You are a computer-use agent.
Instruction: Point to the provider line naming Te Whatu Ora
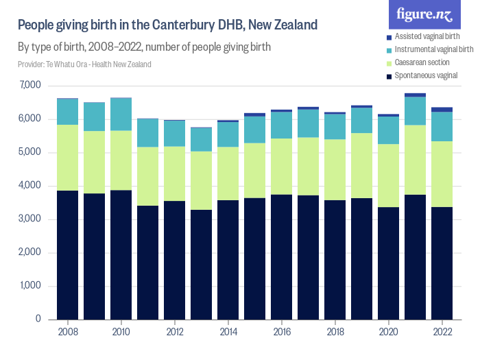pos(84,64)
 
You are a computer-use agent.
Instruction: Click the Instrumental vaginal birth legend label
pos(435,49)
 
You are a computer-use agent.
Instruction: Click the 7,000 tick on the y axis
pos(31,86)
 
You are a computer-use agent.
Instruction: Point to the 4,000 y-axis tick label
pos(31,186)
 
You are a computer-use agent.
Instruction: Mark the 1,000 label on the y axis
pos(31,286)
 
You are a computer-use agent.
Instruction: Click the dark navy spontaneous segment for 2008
pos(67,254)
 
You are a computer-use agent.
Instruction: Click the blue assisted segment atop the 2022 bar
pos(442,110)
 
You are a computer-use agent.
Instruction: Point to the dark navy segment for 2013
pos(201,264)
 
